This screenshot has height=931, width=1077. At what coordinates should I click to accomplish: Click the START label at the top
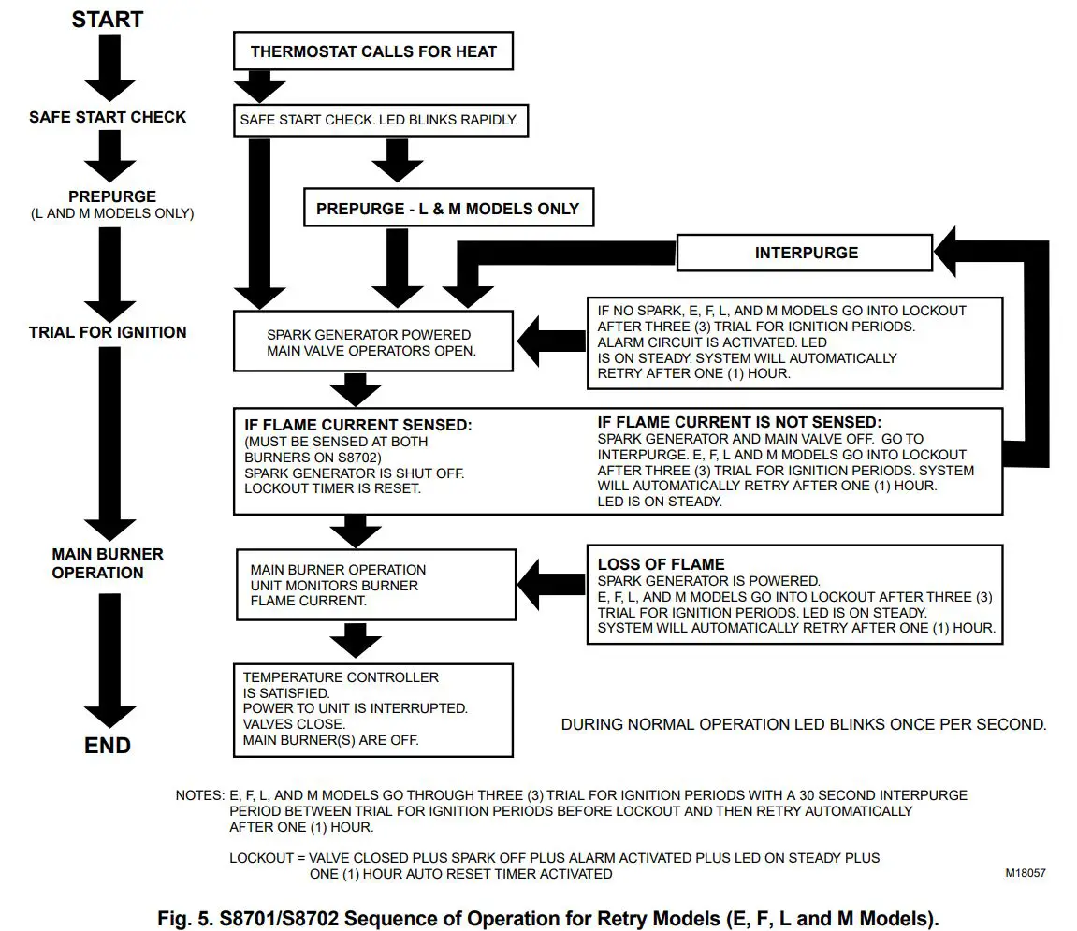[106, 19]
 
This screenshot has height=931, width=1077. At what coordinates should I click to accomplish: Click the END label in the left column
[108, 746]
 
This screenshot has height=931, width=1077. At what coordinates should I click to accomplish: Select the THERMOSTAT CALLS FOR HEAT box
[373, 51]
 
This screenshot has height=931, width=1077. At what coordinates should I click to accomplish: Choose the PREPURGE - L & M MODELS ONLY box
[447, 208]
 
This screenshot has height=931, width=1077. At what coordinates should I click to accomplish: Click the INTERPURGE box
[805, 253]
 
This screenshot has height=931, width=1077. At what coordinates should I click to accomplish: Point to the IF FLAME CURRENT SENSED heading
[358, 425]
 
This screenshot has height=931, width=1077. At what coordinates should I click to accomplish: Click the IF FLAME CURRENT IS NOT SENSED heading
[739, 423]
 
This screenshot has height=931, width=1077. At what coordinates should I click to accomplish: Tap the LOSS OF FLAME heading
[661, 564]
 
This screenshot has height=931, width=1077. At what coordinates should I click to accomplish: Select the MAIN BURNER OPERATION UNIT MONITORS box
[376, 585]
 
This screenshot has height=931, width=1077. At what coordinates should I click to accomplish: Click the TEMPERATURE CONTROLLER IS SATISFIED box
[372, 709]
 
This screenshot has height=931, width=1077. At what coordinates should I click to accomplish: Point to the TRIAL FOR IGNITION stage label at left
[108, 332]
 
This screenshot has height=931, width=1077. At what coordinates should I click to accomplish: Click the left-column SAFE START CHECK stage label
[108, 117]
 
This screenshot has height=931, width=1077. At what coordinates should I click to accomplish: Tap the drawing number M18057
[1026, 872]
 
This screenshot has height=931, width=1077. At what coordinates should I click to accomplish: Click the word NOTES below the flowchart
[199, 795]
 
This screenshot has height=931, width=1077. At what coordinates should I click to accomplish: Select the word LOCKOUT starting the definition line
[260, 857]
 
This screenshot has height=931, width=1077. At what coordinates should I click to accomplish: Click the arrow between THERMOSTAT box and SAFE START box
[259, 87]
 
